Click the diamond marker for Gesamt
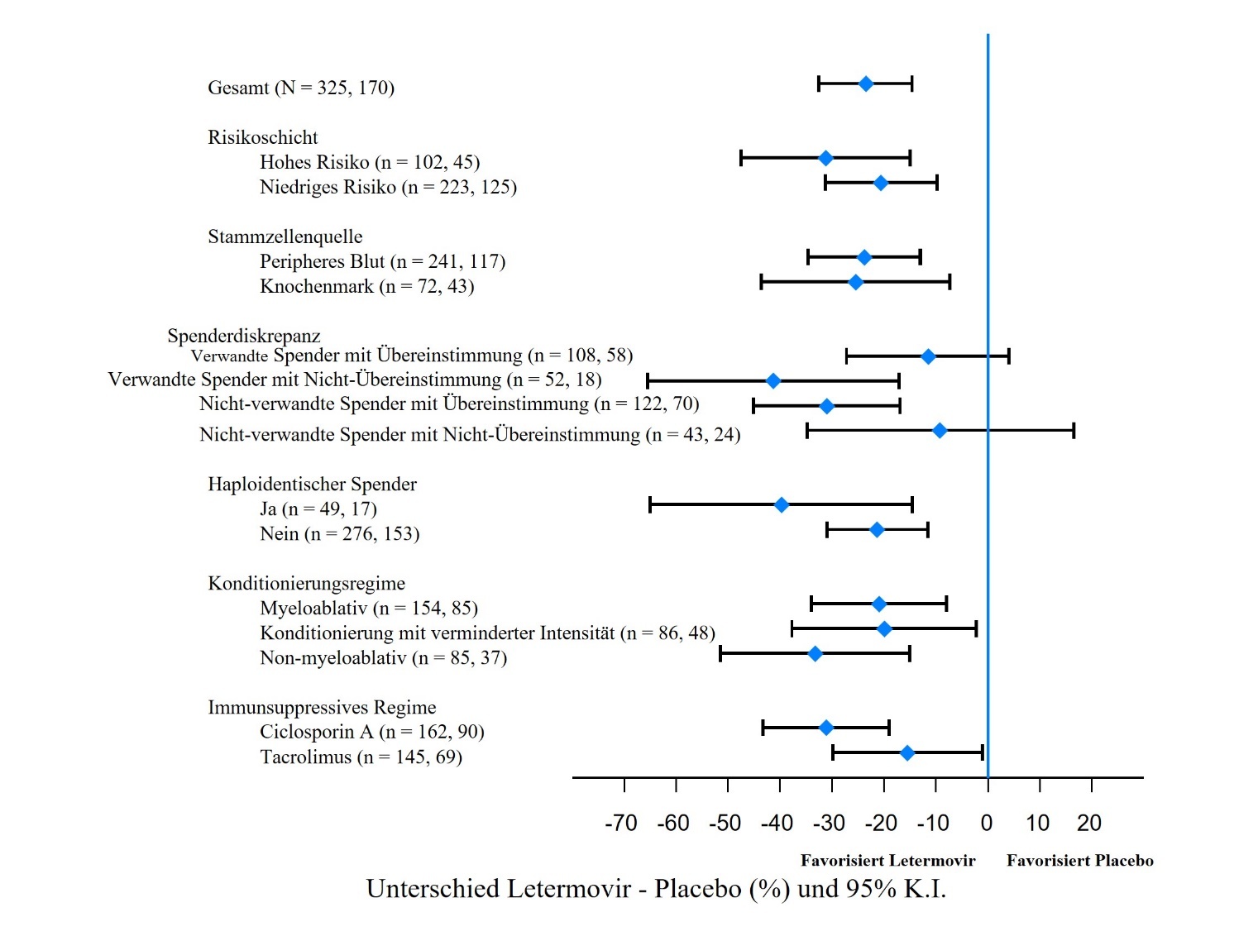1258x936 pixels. coord(866,84)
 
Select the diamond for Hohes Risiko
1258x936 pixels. coord(825,158)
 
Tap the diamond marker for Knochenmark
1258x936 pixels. coord(856,283)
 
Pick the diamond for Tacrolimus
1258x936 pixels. coord(907,752)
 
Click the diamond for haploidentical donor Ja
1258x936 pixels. coord(782,505)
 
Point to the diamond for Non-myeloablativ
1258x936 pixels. coord(816,654)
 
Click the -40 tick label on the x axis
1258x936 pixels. coord(777,824)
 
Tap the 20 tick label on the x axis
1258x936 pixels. coord(1089,824)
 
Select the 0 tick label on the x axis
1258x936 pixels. coord(987,824)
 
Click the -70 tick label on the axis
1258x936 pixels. coord(621,824)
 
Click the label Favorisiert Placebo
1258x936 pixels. coord(1079,861)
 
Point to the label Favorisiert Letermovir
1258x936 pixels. coord(887,861)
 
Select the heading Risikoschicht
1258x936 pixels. coord(263,137)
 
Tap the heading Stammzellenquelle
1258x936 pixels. coord(285,236)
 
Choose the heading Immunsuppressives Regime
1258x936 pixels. coord(322,708)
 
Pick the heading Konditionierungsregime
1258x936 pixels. coord(306,584)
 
